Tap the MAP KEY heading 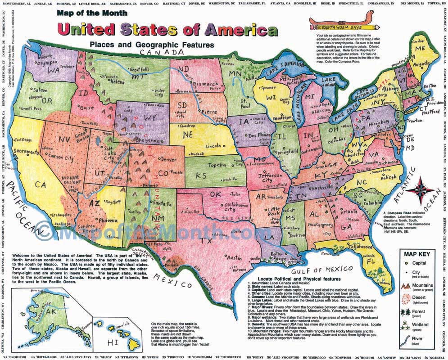point(416,254)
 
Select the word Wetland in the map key point(424,324)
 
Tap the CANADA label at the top point(156,53)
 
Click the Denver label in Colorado point(168,159)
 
